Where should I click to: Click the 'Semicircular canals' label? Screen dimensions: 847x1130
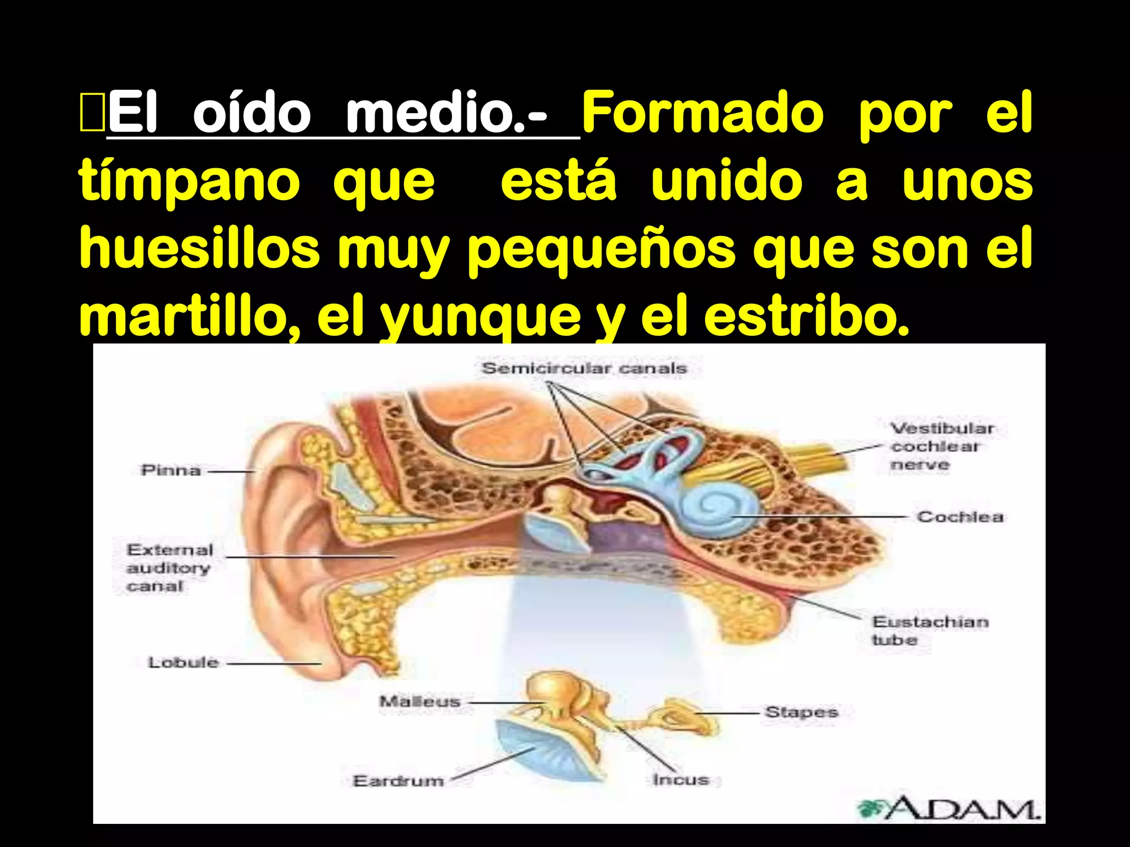[584, 368]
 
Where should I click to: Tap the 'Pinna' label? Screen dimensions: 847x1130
[170, 470]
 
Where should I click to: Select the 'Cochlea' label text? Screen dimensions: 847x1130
[960, 517]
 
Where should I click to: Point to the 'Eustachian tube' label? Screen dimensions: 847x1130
[930, 631]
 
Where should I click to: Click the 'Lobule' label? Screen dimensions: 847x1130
[183, 662]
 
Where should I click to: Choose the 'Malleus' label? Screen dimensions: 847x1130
[420, 701]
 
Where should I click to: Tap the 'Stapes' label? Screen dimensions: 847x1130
[801, 712]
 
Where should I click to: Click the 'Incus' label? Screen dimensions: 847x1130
[680, 780]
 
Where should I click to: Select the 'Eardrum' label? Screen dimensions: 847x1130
[398, 781]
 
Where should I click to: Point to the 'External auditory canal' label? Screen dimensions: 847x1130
[169, 567]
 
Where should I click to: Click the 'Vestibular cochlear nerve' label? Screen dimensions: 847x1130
[941, 446]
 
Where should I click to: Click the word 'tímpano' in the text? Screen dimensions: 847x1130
[189, 182]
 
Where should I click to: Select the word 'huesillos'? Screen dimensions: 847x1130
[200, 249]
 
